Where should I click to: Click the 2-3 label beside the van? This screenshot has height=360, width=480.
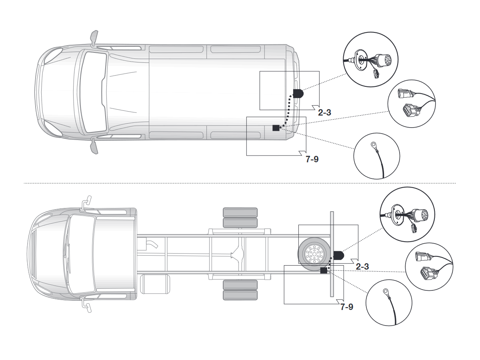click(324, 112)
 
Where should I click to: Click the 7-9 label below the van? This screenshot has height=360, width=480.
click(312, 159)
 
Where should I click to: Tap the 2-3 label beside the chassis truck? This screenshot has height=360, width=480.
click(362, 266)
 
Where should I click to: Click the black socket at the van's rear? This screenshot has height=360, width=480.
click(298, 94)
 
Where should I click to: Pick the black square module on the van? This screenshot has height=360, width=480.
click(276, 128)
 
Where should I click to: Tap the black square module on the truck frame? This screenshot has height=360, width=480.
click(324, 271)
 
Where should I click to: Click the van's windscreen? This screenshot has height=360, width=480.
click(94, 92)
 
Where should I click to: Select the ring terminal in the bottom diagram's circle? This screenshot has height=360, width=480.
click(385, 291)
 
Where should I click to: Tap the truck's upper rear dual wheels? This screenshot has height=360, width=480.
click(240, 218)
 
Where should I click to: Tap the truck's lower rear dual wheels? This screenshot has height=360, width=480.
click(240, 290)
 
